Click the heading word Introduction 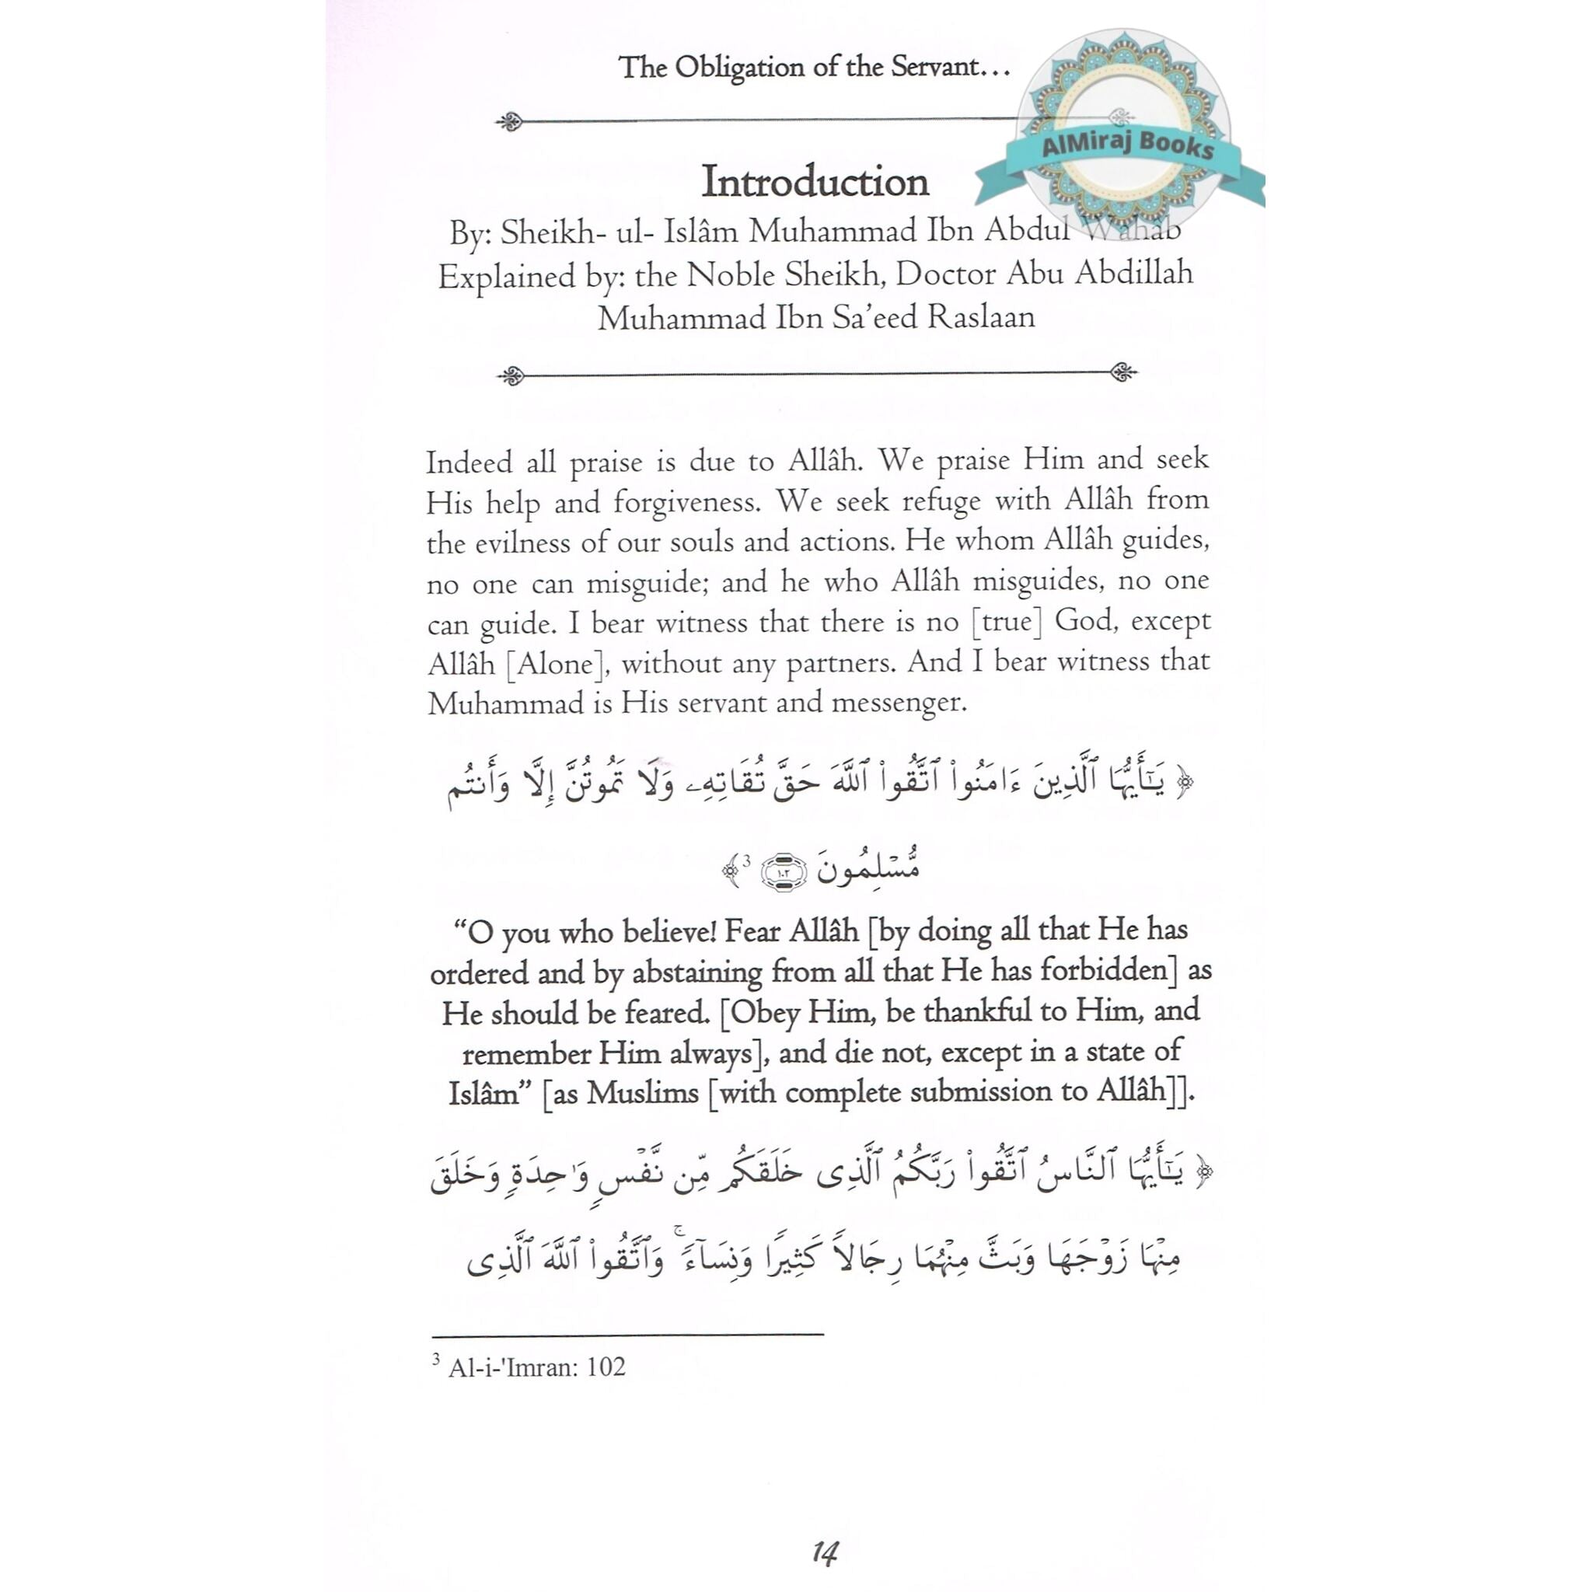[x=814, y=182]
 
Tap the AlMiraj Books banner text [x=1127, y=146]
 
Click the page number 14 [x=823, y=1552]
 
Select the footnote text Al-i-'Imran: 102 [x=536, y=1367]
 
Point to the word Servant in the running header [x=934, y=67]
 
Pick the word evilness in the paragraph [x=525, y=543]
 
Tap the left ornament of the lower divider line [x=511, y=375]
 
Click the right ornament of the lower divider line [x=1123, y=372]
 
